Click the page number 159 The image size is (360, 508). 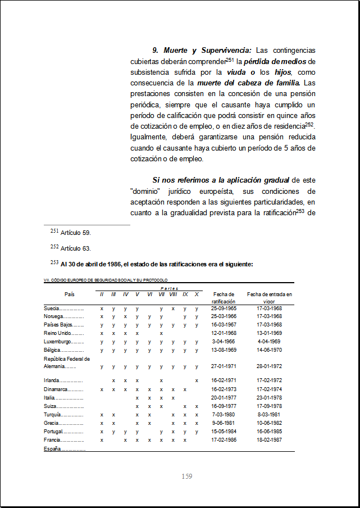(x=187, y=477)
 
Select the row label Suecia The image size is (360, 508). (x=52, y=309)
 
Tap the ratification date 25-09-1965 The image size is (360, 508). (x=224, y=309)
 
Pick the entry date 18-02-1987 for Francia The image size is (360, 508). (x=269, y=440)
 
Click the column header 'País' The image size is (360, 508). (x=69, y=294)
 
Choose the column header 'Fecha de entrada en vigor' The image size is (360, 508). (x=270, y=298)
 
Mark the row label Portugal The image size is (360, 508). (x=54, y=432)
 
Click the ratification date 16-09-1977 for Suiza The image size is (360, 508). (x=224, y=406)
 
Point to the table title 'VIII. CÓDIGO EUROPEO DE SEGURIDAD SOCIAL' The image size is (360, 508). (x=106, y=280)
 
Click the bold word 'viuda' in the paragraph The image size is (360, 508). (x=237, y=72)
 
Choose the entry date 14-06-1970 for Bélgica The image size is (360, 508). (x=269, y=350)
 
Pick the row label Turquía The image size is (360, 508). (x=54, y=414)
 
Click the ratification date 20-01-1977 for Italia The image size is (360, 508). (x=224, y=397)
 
